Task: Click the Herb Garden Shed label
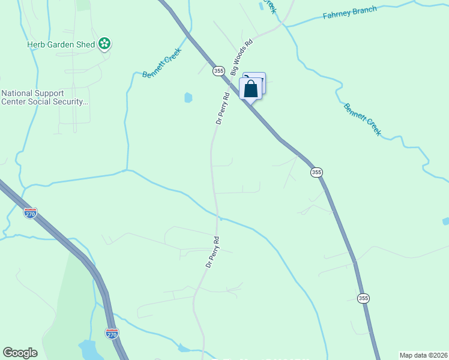pyautogui.click(x=62, y=44)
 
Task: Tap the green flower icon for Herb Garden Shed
pyautogui.click(x=104, y=43)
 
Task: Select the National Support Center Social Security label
pyautogui.click(x=45, y=97)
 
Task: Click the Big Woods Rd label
pyautogui.click(x=243, y=53)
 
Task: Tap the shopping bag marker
pyautogui.click(x=251, y=89)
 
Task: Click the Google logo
pyautogui.click(x=20, y=353)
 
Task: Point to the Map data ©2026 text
pyautogui.click(x=423, y=355)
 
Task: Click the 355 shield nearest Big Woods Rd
pyautogui.click(x=218, y=71)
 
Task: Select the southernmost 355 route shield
pyautogui.click(x=363, y=298)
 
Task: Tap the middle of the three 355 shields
pyautogui.click(x=316, y=172)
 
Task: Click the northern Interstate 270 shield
pyautogui.click(x=30, y=212)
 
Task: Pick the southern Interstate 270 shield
pyautogui.click(x=112, y=333)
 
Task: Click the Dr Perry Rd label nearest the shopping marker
pyautogui.click(x=223, y=108)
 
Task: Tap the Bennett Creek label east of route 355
pyautogui.click(x=362, y=119)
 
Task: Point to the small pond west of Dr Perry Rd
pyautogui.click(x=188, y=97)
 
